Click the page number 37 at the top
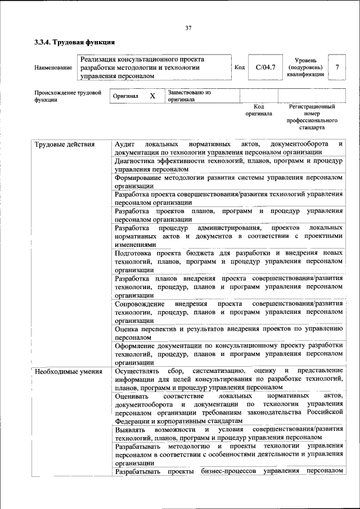point(188,28)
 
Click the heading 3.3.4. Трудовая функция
point(74,42)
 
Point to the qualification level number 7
point(337,67)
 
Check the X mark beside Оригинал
point(152,96)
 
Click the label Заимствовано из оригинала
point(188,96)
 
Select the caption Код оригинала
point(258,110)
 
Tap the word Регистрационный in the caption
point(312,106)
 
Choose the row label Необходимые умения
point(68,371)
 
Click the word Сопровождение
point(140,304)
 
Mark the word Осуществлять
point(139,371)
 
